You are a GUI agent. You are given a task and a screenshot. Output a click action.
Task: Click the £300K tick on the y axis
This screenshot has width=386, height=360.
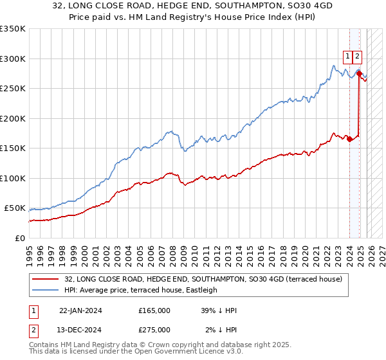coord(13,59)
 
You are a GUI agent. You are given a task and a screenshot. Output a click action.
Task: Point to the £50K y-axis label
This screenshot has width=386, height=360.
coord(15,208)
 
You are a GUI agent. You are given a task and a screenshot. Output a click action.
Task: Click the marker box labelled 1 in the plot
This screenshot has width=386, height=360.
coord(347,56)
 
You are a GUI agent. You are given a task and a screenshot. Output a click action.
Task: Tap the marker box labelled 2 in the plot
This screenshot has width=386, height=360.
coord(357,56)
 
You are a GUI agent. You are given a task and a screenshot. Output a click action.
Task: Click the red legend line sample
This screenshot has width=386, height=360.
coord(46,279)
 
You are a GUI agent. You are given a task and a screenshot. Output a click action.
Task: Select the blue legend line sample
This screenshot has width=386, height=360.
coord(46,290)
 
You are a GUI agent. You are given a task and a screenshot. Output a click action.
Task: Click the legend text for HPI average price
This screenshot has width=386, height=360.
coord(141,290)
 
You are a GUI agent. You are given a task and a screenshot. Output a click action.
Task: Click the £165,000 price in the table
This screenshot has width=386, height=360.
coord(154,310)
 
